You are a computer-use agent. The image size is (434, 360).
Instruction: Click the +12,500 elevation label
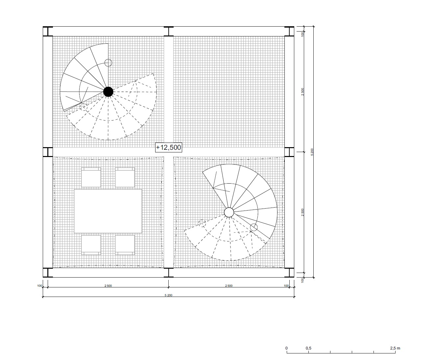(x=169, y=147)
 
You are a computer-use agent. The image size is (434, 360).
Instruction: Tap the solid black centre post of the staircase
(x=108, y=92)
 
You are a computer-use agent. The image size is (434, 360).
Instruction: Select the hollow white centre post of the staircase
(x=229, y=213)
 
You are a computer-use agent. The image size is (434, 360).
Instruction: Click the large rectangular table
(x=108, y=211)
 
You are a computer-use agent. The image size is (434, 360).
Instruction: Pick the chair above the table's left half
(x=91, y=177)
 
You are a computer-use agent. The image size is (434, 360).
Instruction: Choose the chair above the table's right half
(x=125, y=177)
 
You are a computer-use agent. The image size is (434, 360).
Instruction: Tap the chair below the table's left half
(x=91, y=245)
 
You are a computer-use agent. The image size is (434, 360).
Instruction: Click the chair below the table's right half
(x=125, y=245)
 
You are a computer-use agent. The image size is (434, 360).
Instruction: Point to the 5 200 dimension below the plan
(x=169, y=295)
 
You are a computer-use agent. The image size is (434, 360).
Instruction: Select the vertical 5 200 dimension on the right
(x=312, y=152)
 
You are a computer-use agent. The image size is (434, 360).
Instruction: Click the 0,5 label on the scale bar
(x=308, y=348)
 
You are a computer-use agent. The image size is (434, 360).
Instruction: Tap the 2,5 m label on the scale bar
(x=395, y=348)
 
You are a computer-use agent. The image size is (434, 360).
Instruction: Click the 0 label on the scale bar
(x=287, y=348)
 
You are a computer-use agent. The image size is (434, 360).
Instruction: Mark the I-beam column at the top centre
(x=169, y=31)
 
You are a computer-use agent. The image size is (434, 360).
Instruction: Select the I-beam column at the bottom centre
(x=169, y=273)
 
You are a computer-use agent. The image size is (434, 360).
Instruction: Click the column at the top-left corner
(x=48, y=31)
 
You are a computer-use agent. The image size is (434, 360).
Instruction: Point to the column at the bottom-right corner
(x=289, y=273)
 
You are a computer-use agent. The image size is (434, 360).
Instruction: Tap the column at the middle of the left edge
(x=48, y=152)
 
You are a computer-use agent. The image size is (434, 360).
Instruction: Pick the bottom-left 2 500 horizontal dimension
(x=108, y=286)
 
